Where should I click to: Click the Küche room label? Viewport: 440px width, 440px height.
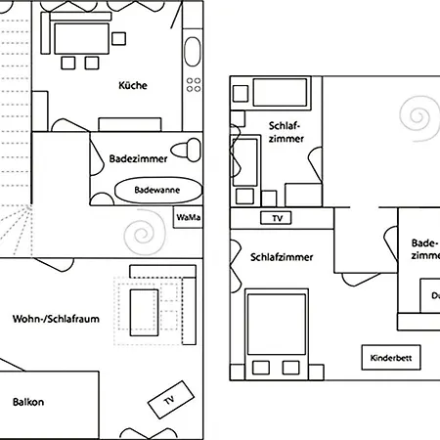[133, 86]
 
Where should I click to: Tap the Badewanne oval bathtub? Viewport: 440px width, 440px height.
[158, 190]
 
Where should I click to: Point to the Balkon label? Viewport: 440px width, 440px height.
[29, 402]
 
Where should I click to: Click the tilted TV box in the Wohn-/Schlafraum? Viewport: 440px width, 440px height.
[167, 400]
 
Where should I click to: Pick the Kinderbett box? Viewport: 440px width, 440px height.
[391, 358]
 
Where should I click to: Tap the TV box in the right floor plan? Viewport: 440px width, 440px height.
[277, 217]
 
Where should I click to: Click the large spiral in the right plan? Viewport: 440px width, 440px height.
[421, 120]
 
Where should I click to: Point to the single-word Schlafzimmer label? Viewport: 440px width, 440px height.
[282, 258]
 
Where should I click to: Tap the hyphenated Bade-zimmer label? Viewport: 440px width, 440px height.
[424, 249]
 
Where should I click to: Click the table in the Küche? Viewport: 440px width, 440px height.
[80, 39]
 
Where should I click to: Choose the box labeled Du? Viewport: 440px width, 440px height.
[430, 296]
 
